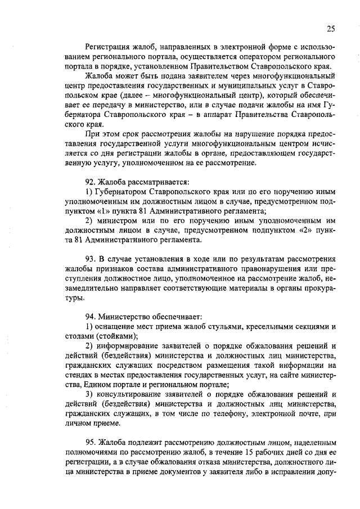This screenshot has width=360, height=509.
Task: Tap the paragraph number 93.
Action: (x=91, y=259)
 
